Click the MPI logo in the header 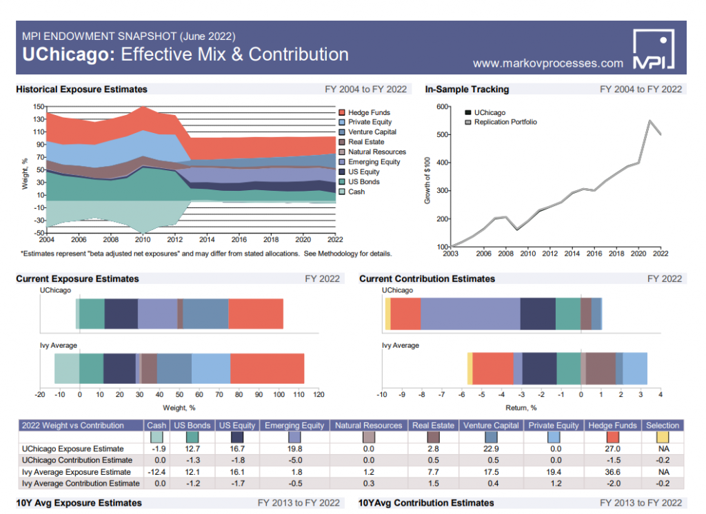(x=653, y=50)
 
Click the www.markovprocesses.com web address (x=547, y=63)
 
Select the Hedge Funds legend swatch (x=342, y=112)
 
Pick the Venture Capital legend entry (x=372, y=132)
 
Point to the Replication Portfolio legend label (x=505, y=122)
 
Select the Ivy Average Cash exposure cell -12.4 (x=157, y=472)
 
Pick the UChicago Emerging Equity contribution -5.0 (x=294, y=460)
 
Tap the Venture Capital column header (x=491, y=426)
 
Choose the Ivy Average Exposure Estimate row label (x=76, y=472)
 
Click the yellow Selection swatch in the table (x=662, y=437)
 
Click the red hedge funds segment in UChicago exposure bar (x=256, y=313)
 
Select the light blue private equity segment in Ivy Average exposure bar (x=211, y=368)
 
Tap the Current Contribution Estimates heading (x=427, y=279)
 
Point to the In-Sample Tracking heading (x=467, y=90)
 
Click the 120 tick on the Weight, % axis (x=319, y=395)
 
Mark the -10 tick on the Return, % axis (x=381, y=395)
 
